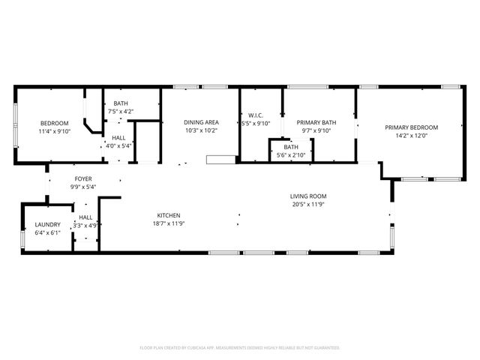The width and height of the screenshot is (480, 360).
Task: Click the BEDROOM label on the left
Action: coord(54,123)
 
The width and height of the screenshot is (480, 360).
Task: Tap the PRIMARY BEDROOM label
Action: coord(411,127)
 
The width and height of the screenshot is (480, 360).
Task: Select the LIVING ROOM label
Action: coord(308,196)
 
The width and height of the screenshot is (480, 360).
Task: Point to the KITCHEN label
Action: coord(168,215)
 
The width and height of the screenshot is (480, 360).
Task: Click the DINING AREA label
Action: coord(201,122)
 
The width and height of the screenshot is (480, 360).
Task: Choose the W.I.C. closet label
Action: coord(254,116)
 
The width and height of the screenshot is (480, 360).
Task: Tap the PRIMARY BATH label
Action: coord(316,122)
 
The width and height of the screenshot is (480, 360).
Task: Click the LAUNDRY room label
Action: coord(47,225)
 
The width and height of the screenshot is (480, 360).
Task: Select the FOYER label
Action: coord(82,178)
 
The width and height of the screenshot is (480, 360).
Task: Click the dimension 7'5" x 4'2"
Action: coord(121,112)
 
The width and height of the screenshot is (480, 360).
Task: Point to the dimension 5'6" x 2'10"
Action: coord(291,154)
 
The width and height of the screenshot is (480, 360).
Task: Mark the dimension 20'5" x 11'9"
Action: coord(308,204)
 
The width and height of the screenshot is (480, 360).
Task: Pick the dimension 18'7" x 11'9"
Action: coord(168,223)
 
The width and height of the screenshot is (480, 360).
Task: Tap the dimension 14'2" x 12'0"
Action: coord(411,136)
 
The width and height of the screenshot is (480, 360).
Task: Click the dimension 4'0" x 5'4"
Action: coord(119,145)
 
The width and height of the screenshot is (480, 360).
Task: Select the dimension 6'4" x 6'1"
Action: coord(47,232)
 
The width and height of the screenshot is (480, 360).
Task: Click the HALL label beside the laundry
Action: coord(85,217)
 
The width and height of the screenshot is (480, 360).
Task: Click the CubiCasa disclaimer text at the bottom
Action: coord(240,348)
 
